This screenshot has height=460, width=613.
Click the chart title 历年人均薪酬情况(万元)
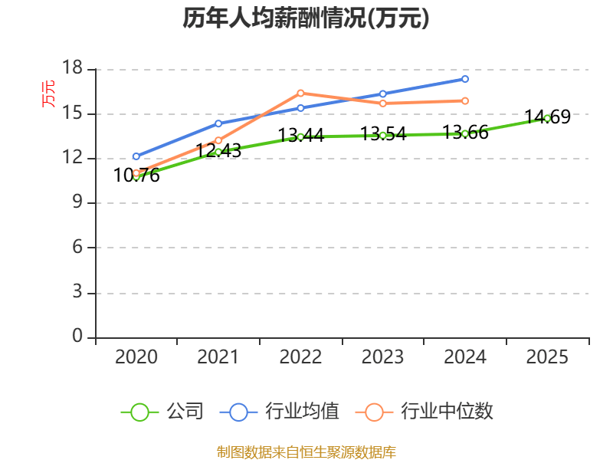pos(306,18)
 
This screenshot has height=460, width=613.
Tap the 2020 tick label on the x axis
pos(136,356)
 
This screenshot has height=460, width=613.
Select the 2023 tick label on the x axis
pos(382,356)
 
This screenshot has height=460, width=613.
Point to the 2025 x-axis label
pos(547,356)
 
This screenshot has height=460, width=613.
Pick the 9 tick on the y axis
pos(78,203)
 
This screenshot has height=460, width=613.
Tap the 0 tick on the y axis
pos(78,337)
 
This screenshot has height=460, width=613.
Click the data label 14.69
pos(547,117)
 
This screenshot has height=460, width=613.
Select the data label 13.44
pos(300,136)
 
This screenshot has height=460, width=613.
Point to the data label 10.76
pos(136,176)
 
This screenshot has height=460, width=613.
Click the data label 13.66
pos(465,133)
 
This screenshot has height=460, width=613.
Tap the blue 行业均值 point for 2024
pos(465,79)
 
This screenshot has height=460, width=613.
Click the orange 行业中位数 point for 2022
pos(300,93)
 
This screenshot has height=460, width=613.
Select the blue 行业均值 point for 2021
pos(218,123)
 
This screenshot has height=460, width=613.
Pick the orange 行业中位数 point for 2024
pos(465,100)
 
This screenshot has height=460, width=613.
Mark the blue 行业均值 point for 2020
pos(136,156)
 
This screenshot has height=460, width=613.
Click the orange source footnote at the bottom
pos(306,452)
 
